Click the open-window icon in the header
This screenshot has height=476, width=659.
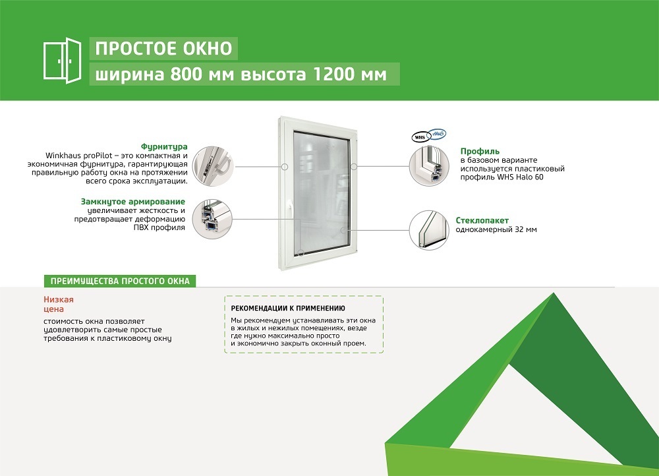coord(62,61)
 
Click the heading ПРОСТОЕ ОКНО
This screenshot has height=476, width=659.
coord(163,49)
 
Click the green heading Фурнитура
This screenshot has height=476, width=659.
coord(164,146)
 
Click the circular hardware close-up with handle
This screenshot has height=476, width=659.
coord(213,167)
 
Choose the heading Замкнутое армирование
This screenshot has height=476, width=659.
coord(133,202)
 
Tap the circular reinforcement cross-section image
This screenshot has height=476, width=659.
coord(212,220)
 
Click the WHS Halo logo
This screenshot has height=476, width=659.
coord(429,135)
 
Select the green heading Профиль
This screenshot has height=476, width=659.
coord(480,151)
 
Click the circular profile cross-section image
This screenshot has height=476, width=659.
coord(429,166)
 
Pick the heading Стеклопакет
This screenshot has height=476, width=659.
coord(482,220)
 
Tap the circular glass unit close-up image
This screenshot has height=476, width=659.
coord(429,231)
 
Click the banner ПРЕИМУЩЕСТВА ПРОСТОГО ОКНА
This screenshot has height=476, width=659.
coord(120,281)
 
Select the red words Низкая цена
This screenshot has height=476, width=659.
coord(59,304)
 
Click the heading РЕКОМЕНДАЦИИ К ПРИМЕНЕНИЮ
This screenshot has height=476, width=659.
coord(288,309)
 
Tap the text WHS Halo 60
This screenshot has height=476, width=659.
coord(521,177)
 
